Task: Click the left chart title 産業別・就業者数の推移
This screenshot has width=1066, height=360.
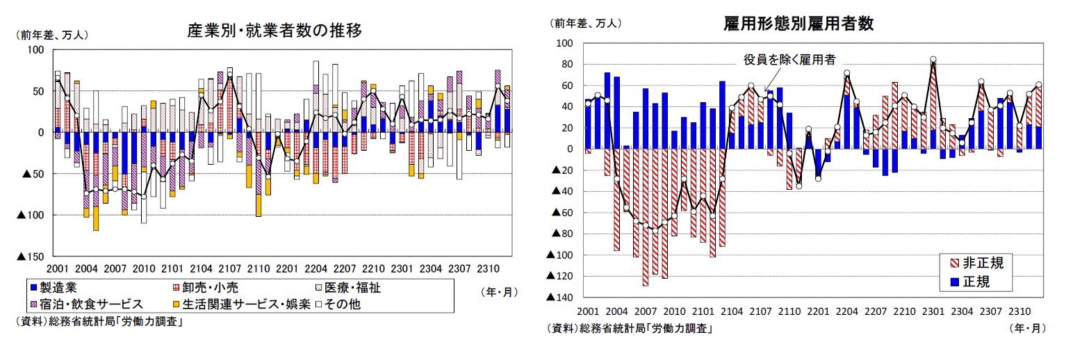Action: click(x=274, y=31)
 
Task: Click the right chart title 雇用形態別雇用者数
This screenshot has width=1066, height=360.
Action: click(x=798, y=24)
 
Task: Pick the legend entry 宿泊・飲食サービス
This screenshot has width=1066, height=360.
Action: click(x=88, y=304)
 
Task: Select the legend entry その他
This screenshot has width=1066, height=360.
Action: click(x=340, y=304)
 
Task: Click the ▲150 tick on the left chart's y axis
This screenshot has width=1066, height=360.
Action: click(x=29, y=256)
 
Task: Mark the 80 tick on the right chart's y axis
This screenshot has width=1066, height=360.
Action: click(x=566, y=65)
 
